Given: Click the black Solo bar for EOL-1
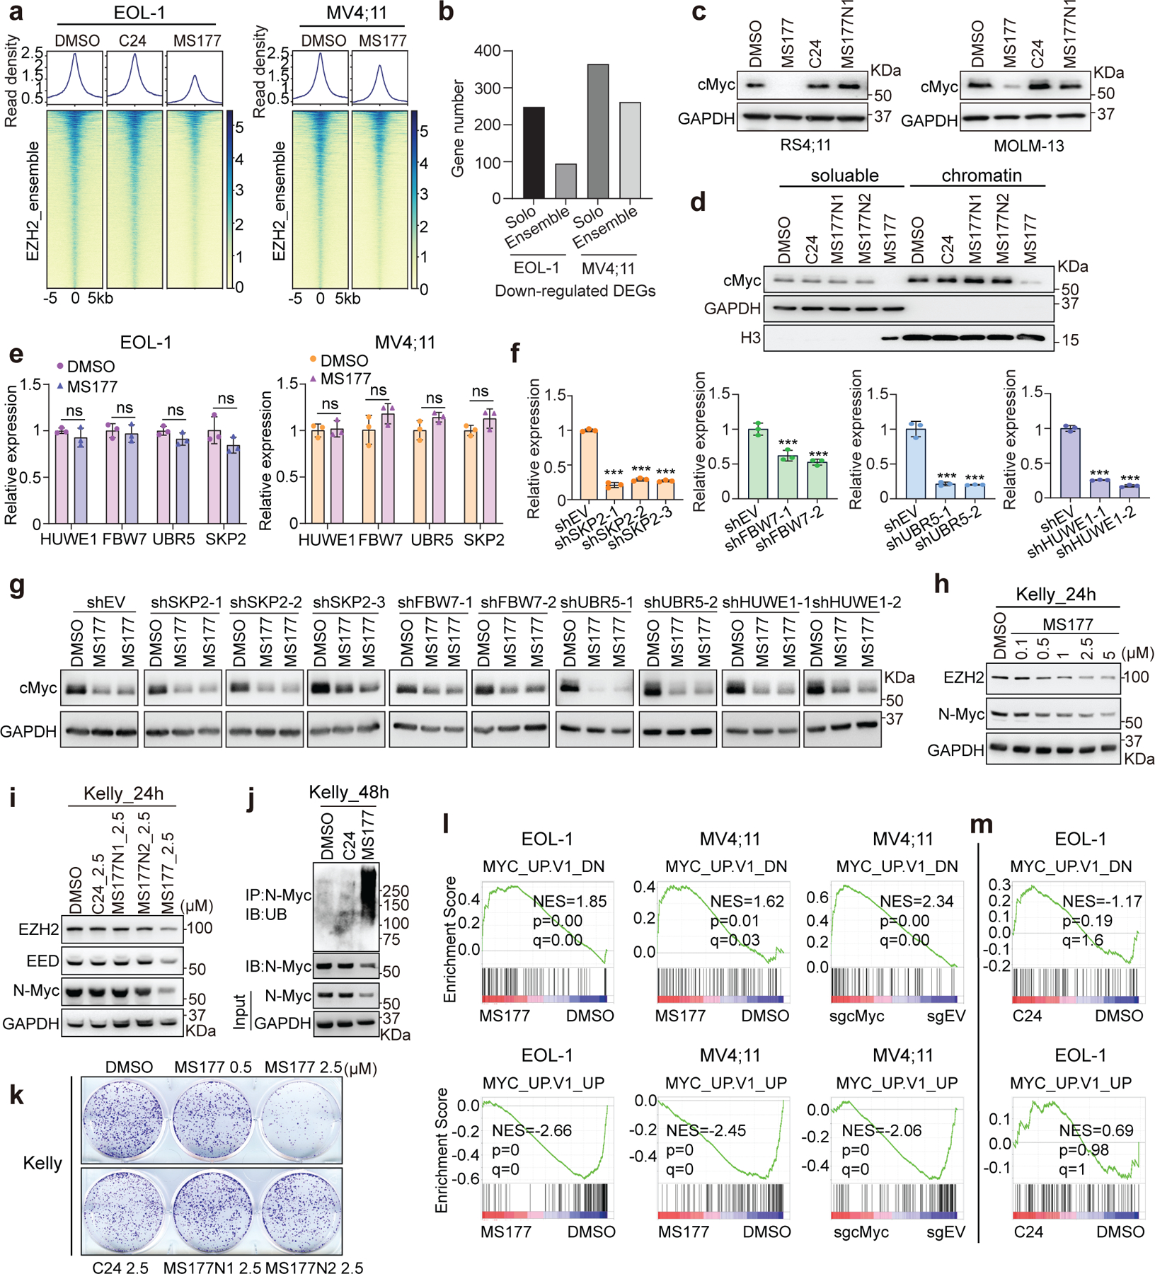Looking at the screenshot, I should [x=534, y=152].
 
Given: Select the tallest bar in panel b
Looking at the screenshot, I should [x=598, y=131].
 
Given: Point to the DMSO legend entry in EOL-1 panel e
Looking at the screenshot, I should [x=86, y=367].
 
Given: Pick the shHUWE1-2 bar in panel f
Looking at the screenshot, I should [x=1130, y=491].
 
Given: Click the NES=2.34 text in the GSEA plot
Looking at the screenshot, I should [x=916, y=901].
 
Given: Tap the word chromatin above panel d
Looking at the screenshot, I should [x=982, y=176].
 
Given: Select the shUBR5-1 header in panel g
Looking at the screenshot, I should [x=597, y=602].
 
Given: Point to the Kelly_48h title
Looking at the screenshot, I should [x=348, y=792].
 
